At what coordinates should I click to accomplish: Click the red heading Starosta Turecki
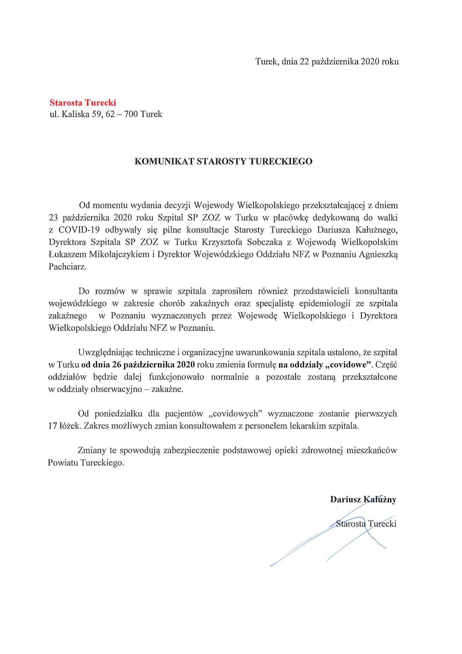(82, 103)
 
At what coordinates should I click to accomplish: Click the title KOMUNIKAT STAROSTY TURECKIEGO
(223, 161)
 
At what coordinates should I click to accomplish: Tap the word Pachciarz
(67, 267)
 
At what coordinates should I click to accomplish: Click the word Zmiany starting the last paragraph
(93, 451)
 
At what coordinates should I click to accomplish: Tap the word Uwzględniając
(105, 353)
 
